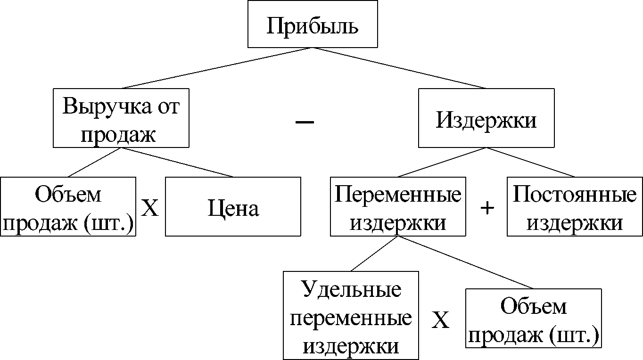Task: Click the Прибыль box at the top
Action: pos(313,24)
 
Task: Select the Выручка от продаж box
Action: pos(121,118)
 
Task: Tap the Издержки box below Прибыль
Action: pos(486,118)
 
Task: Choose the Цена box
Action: pos(233,206)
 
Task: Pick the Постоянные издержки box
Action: pos(575,206)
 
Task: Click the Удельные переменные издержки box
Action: pos(351,315)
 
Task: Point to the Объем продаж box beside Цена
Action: pos(68,206)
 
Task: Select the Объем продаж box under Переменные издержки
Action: pos(533,318)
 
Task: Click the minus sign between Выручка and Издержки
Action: pos(305,122)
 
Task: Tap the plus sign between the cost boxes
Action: pos(487,208)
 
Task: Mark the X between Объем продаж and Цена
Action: pos(149,208)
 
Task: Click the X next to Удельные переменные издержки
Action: pos(440,320)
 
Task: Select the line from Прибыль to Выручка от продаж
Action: pos(217,68)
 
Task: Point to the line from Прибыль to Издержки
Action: pos(399,68)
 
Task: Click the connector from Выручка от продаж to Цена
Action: pos(177,163)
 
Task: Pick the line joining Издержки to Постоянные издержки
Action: pos(530,163)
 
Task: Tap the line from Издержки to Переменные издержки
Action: pos(442,163)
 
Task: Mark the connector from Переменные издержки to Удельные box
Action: pos(374,254)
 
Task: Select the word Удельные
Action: pos(351,290)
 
